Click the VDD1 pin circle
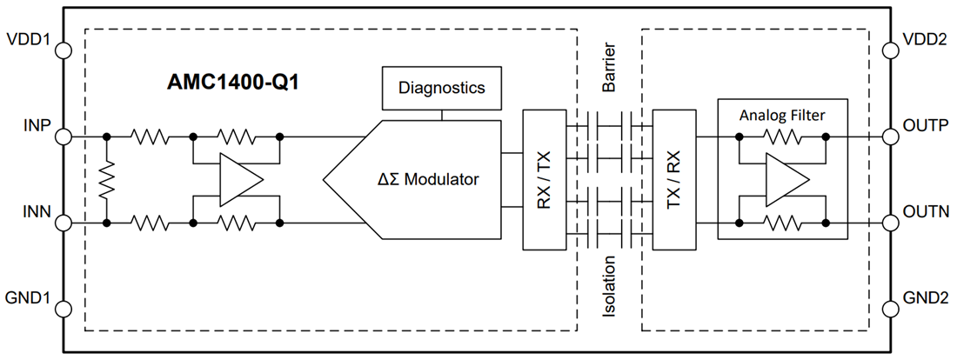pos(64,50)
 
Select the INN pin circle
pos(64,223)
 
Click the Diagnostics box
pos(441,88)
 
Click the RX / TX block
pos(544,180)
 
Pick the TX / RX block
pos(673,180)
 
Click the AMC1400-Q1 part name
pos(232,84)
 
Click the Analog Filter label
pos(781,115)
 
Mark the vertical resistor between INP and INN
pos(106,180)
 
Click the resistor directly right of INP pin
pos(149,137)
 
